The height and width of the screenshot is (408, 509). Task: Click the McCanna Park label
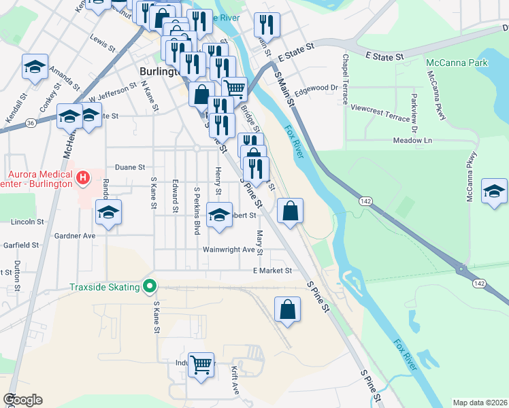[448, 63]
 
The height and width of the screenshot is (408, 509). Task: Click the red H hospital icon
[83, 179]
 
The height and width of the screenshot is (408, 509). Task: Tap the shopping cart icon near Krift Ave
[201, 364]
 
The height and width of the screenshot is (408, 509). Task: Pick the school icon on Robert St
[219, 214]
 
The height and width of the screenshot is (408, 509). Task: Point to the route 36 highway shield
[31, 123]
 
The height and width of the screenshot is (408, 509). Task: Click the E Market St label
[272, 271]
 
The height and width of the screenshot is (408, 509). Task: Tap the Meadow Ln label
[412, 140]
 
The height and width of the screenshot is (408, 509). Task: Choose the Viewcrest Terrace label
[380, 108]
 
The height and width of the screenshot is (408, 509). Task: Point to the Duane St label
[130, 167]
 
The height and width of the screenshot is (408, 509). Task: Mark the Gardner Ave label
[75, 235]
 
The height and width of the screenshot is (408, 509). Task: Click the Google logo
[22, 400]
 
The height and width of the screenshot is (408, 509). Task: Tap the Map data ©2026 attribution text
[480, 403]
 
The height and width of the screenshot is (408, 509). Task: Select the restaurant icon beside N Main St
[267, 25]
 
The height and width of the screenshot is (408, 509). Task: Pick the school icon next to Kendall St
[35, 66]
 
